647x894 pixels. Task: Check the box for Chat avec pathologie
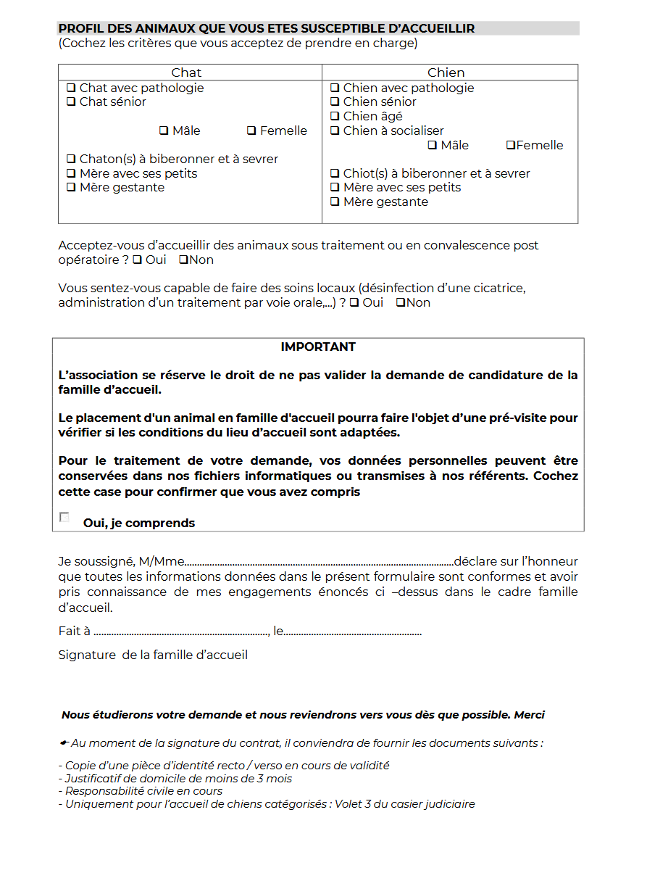[71, 88]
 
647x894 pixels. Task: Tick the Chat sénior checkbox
[71, 102]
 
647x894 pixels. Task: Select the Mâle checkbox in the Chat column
[164, 131]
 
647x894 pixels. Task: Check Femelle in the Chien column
[510, 145]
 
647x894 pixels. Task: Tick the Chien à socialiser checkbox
[335, 131]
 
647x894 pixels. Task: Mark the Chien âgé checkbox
[335, 116]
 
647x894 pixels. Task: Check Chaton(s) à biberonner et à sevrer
[71, 159]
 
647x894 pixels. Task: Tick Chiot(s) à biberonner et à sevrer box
[335, 173]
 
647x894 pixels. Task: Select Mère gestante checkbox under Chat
[71, 187]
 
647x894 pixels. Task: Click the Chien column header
[446, 73]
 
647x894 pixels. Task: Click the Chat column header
[186, 73]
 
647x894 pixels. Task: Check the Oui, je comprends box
[64, 518]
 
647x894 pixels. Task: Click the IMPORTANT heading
[318, 347]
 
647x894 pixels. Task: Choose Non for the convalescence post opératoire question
[183, 260]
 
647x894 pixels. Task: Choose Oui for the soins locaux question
[354, 302]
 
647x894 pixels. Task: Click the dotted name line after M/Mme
[319, 563]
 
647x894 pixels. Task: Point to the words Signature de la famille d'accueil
[153, 655]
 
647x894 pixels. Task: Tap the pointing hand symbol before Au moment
[64, 743]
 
